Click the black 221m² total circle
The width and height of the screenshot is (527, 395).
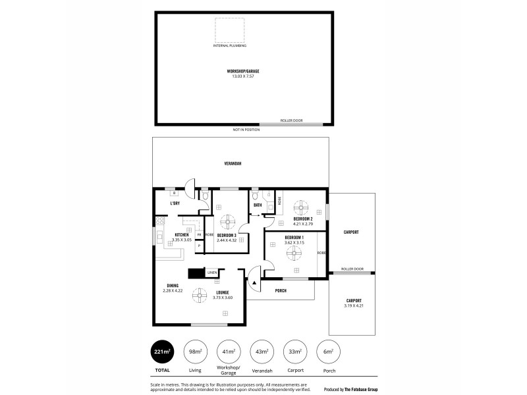(162, 352)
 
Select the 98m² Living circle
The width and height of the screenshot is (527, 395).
(196, 352)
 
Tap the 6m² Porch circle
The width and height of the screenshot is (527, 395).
(327, 352)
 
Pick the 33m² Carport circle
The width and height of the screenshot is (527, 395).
(294, 352)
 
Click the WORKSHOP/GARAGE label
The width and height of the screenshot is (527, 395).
(241, 70)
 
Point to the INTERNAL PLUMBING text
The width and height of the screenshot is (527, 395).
(229, 45)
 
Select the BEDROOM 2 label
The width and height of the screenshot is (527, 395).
(303, 219)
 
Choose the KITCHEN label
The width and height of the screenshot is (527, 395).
(182, 235)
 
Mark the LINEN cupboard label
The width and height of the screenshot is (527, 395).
(212, 273)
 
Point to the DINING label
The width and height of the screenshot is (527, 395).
(173, 286)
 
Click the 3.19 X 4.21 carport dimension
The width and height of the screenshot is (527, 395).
(354, 305)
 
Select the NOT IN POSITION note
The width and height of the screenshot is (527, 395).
(246, 130)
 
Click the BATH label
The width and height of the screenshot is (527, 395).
(258, 205)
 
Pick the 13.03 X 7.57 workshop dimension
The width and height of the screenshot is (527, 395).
(241, 76)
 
